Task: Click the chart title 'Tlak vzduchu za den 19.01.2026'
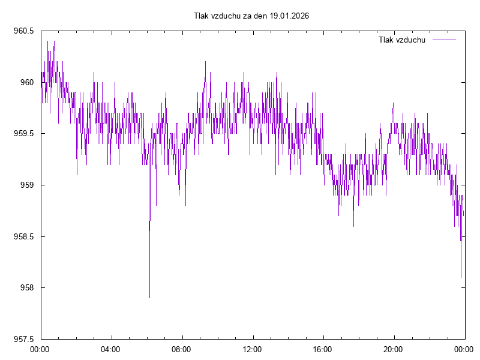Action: [x=251, y=16]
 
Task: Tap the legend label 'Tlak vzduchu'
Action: [x=402, y=40]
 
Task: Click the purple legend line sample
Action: [x=444, y=40]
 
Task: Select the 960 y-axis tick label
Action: [x=27, y=82]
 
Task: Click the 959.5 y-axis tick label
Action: [x=23, y=134]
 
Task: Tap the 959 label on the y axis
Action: [x=27, y=185]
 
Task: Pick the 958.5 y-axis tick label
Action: [x=23, y=236]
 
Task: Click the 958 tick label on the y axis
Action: [x=27, y=288]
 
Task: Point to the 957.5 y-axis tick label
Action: [x=23, y=339]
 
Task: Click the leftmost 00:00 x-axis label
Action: [x=40, y=349]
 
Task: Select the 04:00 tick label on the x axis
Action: [x=110, y=349]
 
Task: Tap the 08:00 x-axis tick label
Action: [x=181, y=349]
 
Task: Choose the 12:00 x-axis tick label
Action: [x=252, y=349]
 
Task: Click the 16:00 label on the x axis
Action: [x=323, y=349]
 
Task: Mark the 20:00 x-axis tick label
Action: [x=394, y=349]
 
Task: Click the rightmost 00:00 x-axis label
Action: [x=464, y=349]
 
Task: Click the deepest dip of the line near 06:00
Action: [x=149, y=297]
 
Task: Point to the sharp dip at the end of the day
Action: [x=461, y=277]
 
